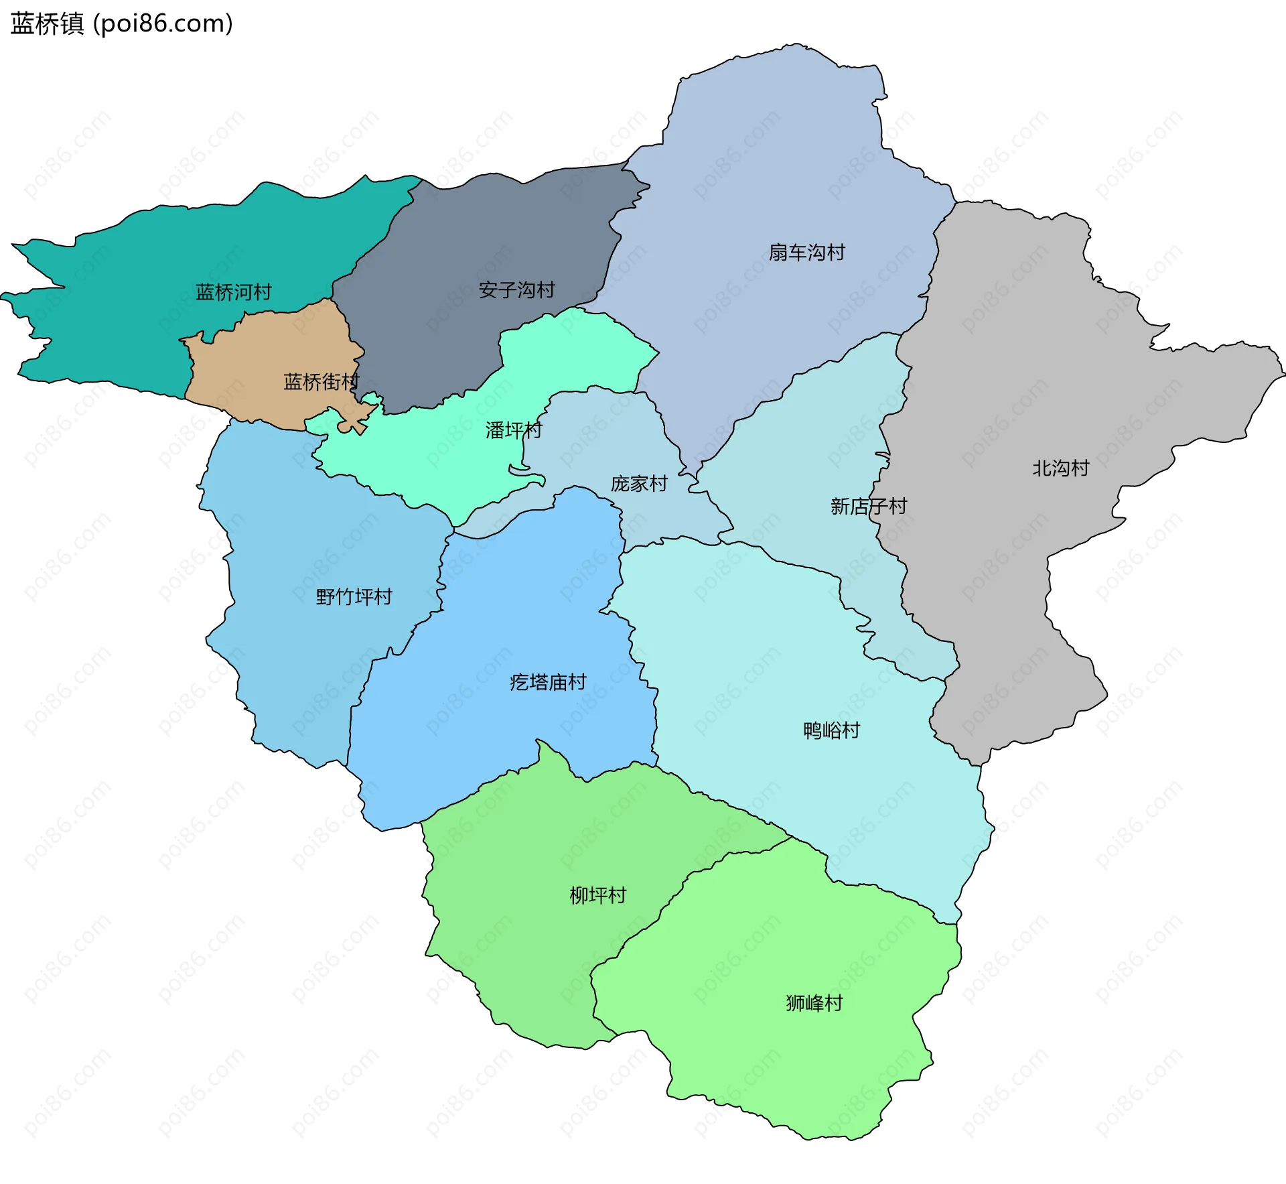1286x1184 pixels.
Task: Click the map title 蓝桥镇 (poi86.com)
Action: [x=122, y=24]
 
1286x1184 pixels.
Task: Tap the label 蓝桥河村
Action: [x=233, y=292]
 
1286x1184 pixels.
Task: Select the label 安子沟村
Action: [x=516, y=290]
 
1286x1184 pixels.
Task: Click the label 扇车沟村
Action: [x=806, y=253]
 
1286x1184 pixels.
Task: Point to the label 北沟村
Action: [x=1060, y=468]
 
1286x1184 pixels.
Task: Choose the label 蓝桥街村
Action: [x=321, y=382]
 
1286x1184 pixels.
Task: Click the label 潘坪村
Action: [x=513, y=430]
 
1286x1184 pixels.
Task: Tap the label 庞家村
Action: [x=639, y=484]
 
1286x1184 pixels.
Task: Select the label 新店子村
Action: [x=868, y=506]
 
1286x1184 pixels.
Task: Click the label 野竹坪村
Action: [x=354, y=596]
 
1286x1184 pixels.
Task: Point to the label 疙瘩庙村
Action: [x=548, y=682]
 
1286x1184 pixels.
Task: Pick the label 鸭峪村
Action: [x=831, y=730]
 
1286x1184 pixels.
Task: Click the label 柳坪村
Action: [x=597, y=895]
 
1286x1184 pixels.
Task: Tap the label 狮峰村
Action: [x=814, y=1003]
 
